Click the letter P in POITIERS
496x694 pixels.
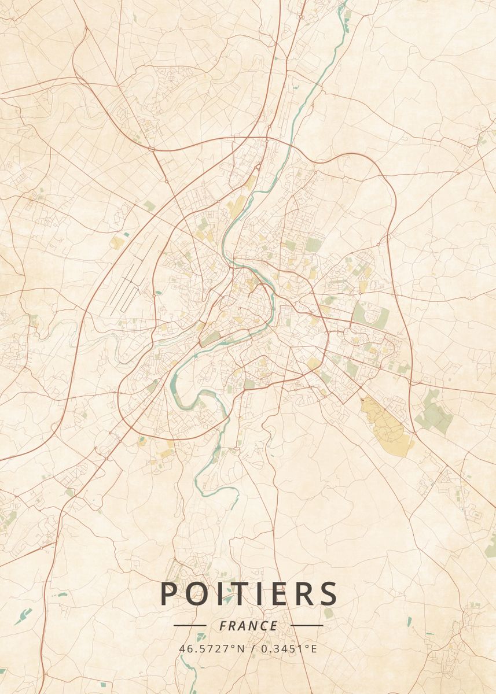point(169,593)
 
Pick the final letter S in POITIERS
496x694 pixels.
point(328,593)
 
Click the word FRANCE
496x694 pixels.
point(248,626)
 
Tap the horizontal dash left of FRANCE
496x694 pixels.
point(190,626)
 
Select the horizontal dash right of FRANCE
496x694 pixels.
point(307,626)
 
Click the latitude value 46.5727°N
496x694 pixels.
point(211,648)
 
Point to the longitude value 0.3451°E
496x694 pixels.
point(289,648)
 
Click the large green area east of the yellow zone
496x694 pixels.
point(434,414)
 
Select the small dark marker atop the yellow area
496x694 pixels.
point(363,399)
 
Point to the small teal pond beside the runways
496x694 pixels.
point(158,292)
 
